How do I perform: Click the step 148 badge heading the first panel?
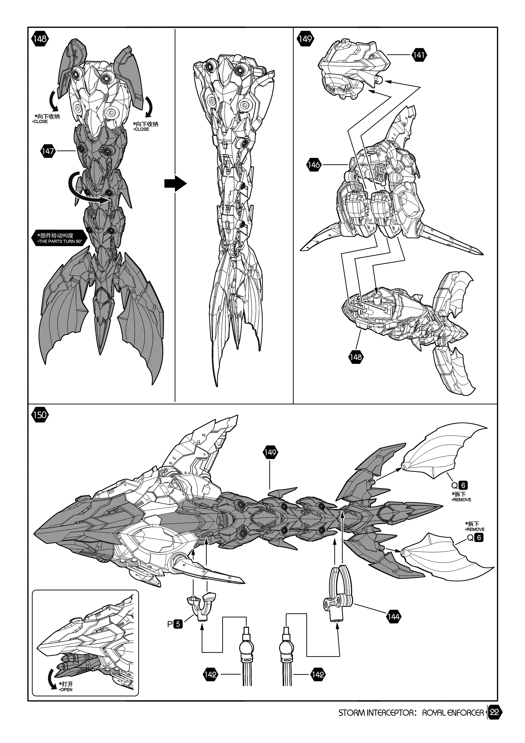(x=40, y=39)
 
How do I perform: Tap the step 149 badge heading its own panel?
(x=305, y=39)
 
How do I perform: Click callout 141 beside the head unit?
(x=419, y=55)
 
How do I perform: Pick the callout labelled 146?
(x=314, y=165)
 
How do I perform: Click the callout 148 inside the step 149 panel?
(x=356, y=357)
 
